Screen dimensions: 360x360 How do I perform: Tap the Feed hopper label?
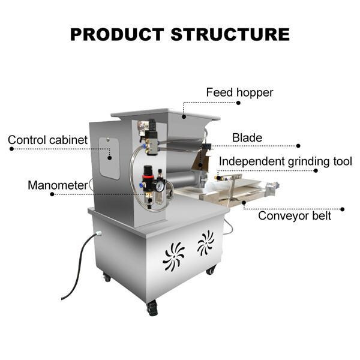point(239,92)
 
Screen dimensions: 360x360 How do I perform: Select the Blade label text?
point(247,138)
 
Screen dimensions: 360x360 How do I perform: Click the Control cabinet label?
point(47,140)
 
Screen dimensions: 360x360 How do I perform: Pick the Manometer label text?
point(58,185)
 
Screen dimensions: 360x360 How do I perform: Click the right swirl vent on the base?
point(205,242)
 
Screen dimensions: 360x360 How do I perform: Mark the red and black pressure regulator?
point(148,179)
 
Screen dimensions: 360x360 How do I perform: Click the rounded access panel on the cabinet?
point(109,157)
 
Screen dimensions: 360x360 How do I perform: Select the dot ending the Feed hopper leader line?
point(238,103)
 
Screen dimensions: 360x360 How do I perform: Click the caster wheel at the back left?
point(106,277)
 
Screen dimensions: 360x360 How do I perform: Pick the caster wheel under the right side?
point(211,271)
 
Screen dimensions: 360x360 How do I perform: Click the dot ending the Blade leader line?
point(298,145)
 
